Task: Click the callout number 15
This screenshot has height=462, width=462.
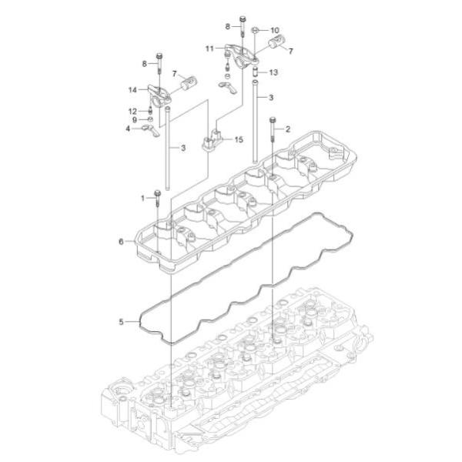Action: (x=239, y=139)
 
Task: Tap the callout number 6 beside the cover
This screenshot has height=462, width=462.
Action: (x=121, y=242)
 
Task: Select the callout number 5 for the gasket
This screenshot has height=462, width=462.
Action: (x=121, y=322)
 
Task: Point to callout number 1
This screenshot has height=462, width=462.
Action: (x=143, y=199)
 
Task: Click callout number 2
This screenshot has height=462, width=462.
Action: (x=288, y=129)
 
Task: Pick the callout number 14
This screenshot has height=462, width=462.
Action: (x=132, y=90)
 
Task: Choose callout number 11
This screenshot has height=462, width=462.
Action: (x=209, y=49)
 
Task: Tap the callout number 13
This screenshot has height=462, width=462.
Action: (x=273, y=72)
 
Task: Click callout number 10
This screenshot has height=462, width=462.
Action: (x=275, y=30)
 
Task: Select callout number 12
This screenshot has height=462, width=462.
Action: (x=133, y=112)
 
